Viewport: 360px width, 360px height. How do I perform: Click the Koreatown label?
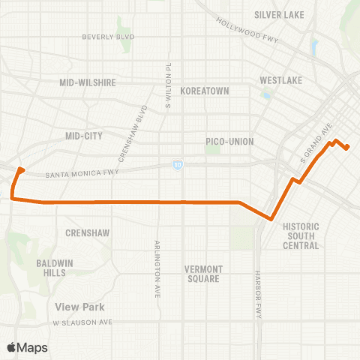tap(204, 90)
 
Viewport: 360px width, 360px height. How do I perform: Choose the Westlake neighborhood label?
tap(280, 79)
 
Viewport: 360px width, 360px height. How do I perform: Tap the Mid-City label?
tap(83, 136)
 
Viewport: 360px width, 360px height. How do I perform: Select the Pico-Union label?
tap(229, 141)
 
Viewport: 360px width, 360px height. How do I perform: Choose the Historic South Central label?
tap(301, 235)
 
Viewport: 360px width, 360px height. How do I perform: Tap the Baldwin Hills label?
tap(55, 268)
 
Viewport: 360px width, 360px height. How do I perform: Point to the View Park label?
tap(79, 307)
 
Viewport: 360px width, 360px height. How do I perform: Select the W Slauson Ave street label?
tap(82, 322)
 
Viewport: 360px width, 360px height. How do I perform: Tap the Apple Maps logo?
tap(27, 347)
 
